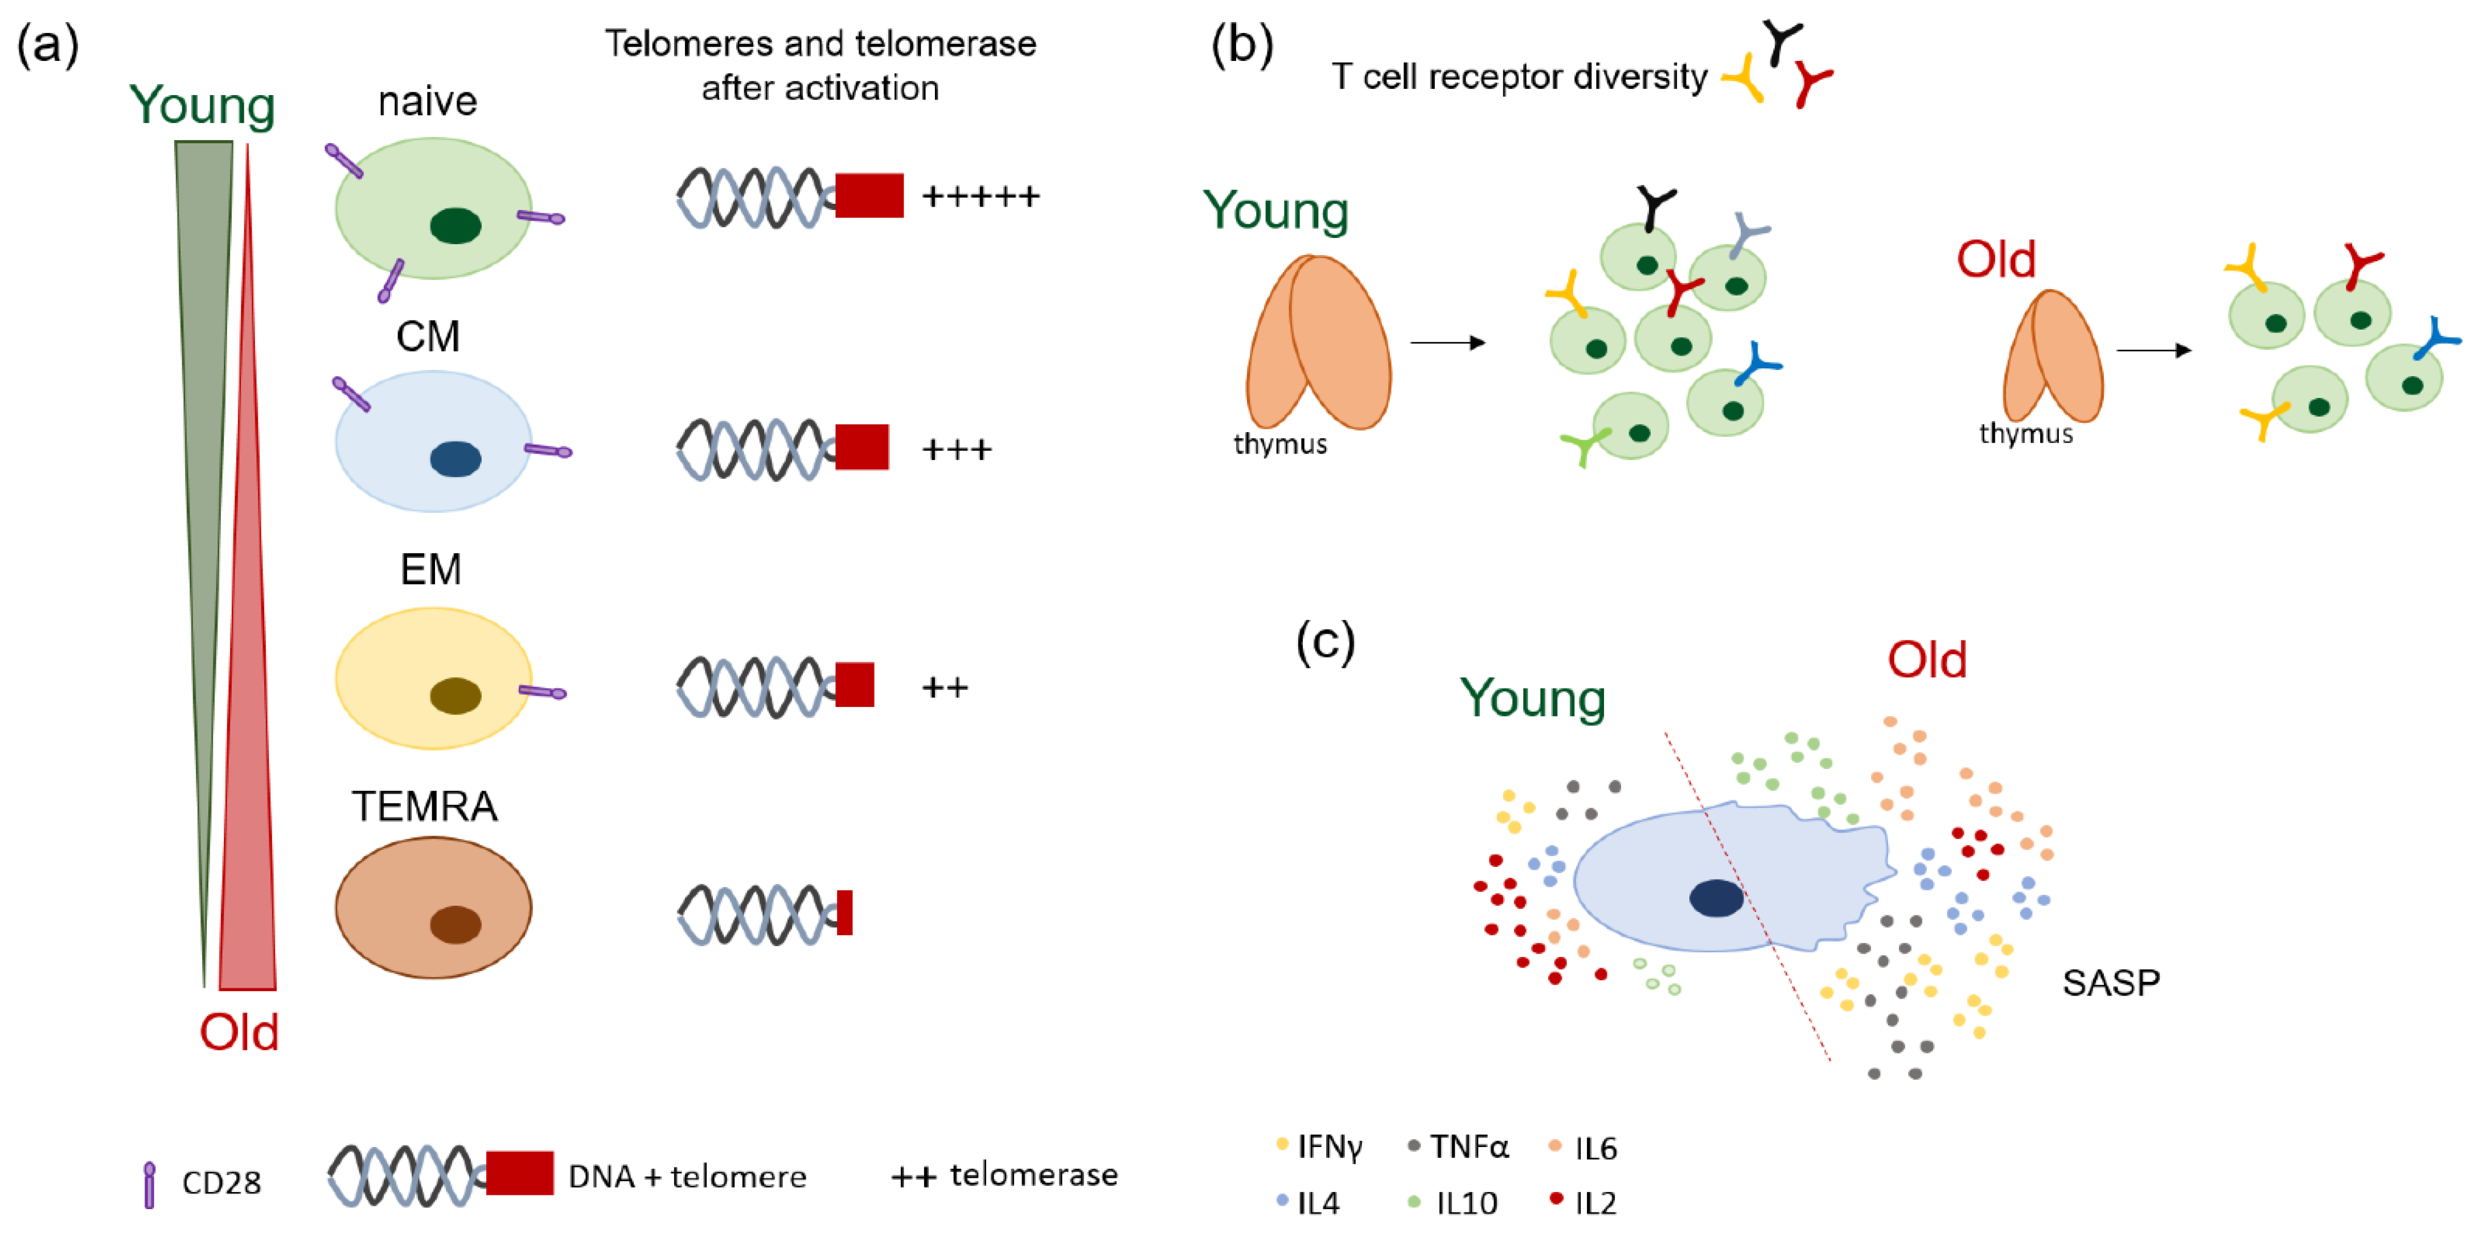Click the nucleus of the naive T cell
[x=455, y=226]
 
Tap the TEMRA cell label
[x=424, y=806]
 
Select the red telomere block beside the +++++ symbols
[x=869, y=195]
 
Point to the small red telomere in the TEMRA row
[x=844, y=913]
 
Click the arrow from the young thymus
[x=1448, y=342]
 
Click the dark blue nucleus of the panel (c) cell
[x=1716, y=898]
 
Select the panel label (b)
[x=1242, y=45]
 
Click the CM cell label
[x=428, y=336]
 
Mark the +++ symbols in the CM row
[x=956, y=449]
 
